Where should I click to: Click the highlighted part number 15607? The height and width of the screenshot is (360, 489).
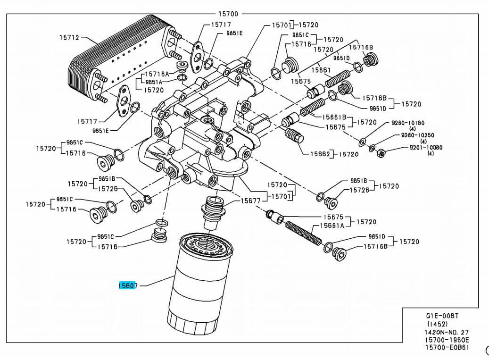click(128, 285)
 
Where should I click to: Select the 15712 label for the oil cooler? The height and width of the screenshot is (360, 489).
click(69, 37)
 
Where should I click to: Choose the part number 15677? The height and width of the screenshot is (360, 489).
click(251, 201)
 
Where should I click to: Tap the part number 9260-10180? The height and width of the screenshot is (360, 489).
click(408, 123)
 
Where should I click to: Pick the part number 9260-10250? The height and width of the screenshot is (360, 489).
click(417, 135)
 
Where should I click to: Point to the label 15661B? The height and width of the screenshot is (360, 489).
click(334, 117)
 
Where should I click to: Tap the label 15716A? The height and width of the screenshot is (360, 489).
click(157, 74)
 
